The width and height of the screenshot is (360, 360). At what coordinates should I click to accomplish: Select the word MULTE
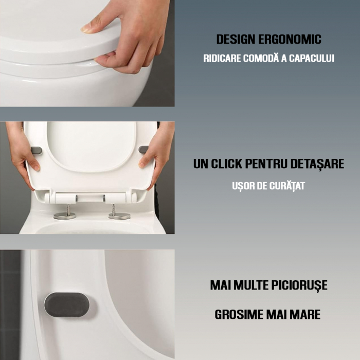(x=253, y=285)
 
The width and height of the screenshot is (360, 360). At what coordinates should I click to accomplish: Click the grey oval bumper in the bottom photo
(x=67, y=305)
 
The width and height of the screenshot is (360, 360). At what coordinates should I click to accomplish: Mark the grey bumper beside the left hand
(x=37, y=150)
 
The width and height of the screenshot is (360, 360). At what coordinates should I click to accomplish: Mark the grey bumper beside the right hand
(x=143, y=150)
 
